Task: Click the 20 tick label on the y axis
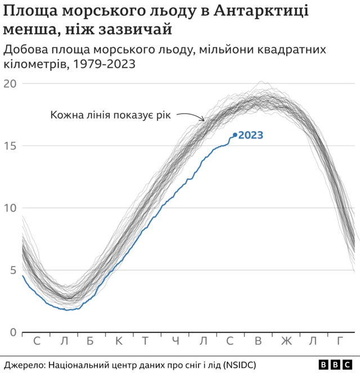pyautogui.click(x=10, y=84)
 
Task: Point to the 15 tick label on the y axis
pyautogui.click(x=10, y=146)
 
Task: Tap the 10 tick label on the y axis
pyautogui.click(x=10, y=208)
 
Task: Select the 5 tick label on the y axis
pyautogui.click(x=13, y=270)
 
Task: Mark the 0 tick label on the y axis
pyautogui.click(x=13, y=332)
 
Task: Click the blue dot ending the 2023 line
pyautogui.click(x=235, y=135)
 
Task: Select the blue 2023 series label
pyautogui.click(x=251, y=135)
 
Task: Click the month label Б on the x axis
pyautogui.click(x=90, y=341)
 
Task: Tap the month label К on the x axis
pyautogui.click(x=119, y=341)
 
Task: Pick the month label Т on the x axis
pyautogui.click(x=145, y=341)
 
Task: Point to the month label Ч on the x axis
pyautogui.click(x=175, y=341)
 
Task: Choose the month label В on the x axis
pyautogui.click(x=258, y=341)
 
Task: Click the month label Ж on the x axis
pyautogui.click(x=286, y=341)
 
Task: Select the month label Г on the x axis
pyautogui.click(x=340, y=341)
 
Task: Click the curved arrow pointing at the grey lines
pyautogui.click(x=191, y=115)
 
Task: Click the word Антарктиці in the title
pyautogui.click(x=261, y=11)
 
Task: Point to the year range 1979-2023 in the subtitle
pyautogui.click(x=104, y=64)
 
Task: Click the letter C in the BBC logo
pyautogui.click(x=347, y=365)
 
